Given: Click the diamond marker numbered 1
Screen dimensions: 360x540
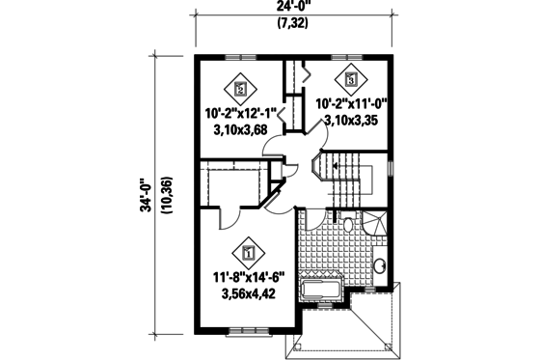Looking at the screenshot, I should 249,254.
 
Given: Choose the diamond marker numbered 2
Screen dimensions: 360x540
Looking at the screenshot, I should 241,87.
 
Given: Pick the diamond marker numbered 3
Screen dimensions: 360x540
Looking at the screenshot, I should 350,78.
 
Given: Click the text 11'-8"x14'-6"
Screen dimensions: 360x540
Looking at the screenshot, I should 249,280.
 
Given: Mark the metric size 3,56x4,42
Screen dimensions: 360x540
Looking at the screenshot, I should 249,296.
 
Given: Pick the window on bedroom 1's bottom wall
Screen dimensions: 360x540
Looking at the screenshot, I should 248,331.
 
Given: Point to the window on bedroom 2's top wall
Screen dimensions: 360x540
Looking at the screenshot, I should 240,57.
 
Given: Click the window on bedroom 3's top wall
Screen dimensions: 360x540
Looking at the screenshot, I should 350,57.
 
